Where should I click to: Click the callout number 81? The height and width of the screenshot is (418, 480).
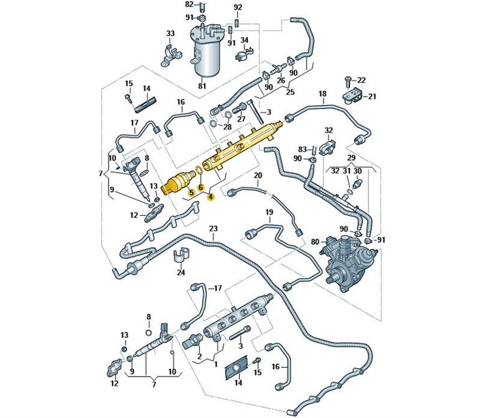[x=202, y=86]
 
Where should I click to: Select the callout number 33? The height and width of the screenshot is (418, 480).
[x=170, y=34]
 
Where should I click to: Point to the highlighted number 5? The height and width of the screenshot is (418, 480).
[x=191, y=193]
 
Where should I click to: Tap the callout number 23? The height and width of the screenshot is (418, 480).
[x=214, y=228]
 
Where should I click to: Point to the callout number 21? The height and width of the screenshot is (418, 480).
[x=371, y=97]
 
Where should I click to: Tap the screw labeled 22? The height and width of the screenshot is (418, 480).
[x=347, y=80]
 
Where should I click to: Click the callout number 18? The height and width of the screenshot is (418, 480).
[x=322, y=94]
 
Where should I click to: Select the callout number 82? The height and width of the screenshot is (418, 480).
[x=190, y=4]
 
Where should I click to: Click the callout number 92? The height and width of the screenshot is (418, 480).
[x=238, y=8]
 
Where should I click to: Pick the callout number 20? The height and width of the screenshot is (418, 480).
[x=258, y=175]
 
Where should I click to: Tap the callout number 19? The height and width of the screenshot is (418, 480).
[x=269, y=212]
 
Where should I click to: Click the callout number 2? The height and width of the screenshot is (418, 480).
[x=199, y=356]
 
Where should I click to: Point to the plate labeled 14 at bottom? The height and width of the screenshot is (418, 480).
[x=236, y=368]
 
